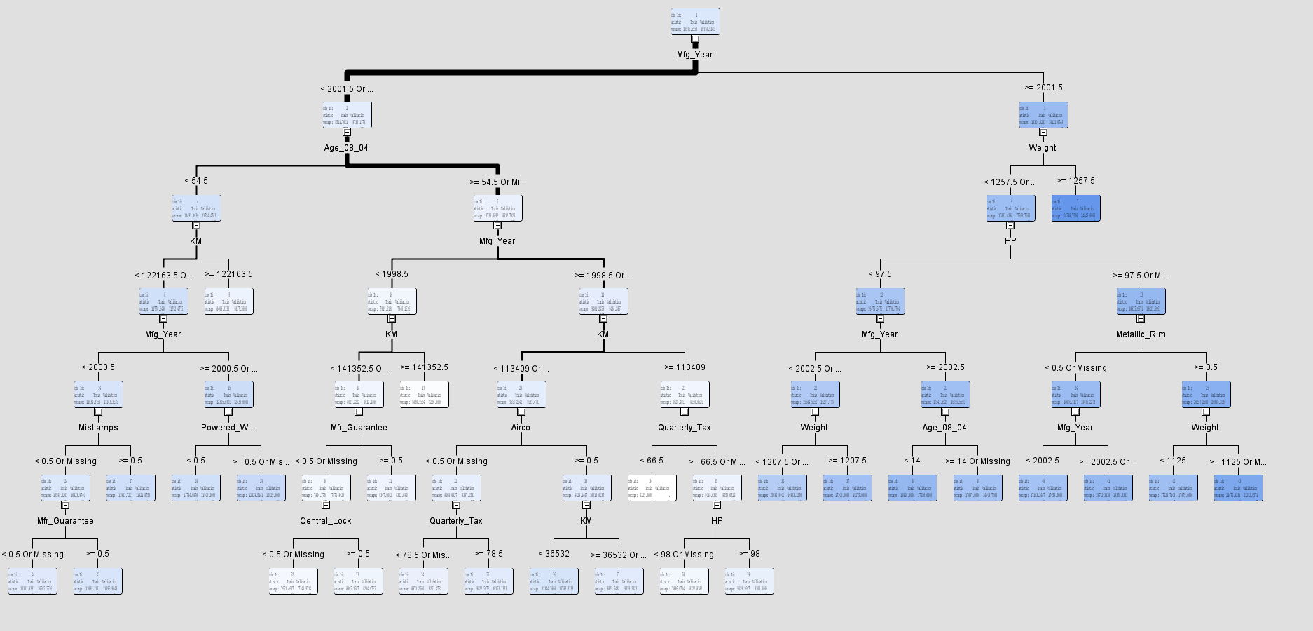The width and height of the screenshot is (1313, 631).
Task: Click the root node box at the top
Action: [x=695, y=22]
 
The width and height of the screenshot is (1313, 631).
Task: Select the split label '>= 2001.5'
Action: [x=1043, y=88]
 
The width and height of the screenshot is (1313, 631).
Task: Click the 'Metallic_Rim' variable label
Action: [x=1141, y=334]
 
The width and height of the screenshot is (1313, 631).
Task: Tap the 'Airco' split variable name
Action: [x=521, y=428]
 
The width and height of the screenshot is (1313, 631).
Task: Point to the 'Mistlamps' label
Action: [x=98, y=428]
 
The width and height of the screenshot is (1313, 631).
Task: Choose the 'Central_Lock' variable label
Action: [x=326, y=521]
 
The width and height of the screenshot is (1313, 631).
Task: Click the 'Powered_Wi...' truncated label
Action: [x=228, y=428]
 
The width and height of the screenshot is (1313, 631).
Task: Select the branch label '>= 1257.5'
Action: [x=1075, y=181]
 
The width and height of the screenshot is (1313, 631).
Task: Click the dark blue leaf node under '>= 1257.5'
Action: [x=1075, y=208]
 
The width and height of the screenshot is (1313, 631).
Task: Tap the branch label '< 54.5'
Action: [x=196, y=181]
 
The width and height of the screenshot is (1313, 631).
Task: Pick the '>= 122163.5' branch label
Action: [x=228, y=274]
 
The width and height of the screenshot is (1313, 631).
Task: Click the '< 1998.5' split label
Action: [x=392, y=274]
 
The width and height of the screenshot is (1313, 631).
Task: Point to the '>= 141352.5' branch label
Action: [x=424, y=367]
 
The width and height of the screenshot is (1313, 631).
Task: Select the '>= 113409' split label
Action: [x=685, y=367]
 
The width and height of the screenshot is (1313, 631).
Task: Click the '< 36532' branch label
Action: [x=554, y=554]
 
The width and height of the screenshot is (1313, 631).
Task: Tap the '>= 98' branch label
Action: [x=749, y=554]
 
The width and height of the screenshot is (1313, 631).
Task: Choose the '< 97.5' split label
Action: [x=880, y=274]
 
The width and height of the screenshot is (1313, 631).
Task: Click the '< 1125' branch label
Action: [x=1173, y=461]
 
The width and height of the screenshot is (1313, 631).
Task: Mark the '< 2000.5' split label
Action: [x=98, y=367]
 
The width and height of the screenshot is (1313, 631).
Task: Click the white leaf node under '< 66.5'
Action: [x=652, y=488]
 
